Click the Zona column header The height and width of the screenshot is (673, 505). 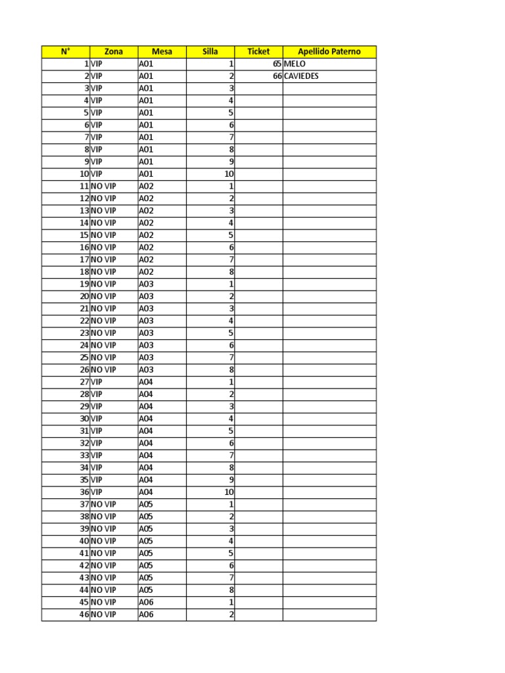pyautogui.click(x=113, y=51)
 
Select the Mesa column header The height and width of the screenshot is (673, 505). pyautogui.click(x=162, y=51)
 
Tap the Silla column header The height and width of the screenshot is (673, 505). pyautogui.click(x=210, y=51)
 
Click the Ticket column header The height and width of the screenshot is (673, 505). pyautogui.click(x=258, y=51)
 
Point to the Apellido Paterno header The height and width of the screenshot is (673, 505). pyautogui.click(x=329, y=51)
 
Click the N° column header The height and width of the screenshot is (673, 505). pyautogui.click(x=65, y=51)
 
